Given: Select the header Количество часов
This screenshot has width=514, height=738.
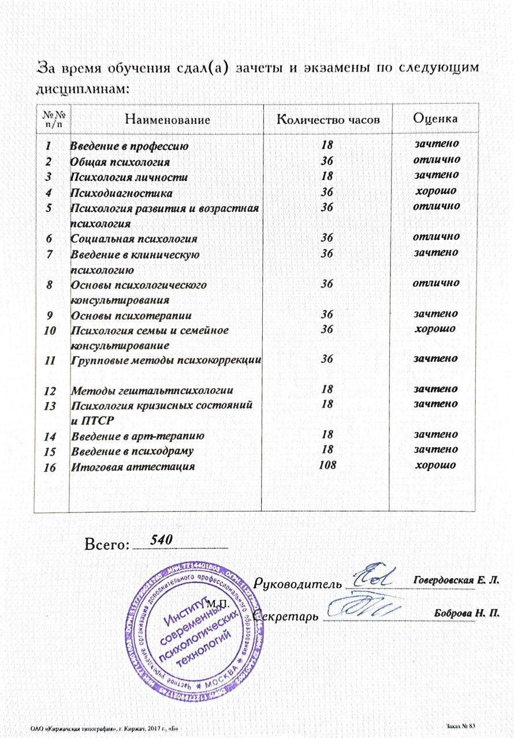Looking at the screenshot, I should [x=328, y=120].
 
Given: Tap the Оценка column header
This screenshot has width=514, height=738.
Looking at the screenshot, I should [x=436, y=119].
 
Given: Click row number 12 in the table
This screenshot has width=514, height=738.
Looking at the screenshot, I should [x=50, y=391].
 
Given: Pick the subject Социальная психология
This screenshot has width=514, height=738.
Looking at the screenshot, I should [x=133, y=238].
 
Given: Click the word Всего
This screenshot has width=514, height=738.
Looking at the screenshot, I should [x=106, y=545].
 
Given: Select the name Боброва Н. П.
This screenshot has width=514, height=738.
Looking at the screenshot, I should [x=466, y=612].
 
